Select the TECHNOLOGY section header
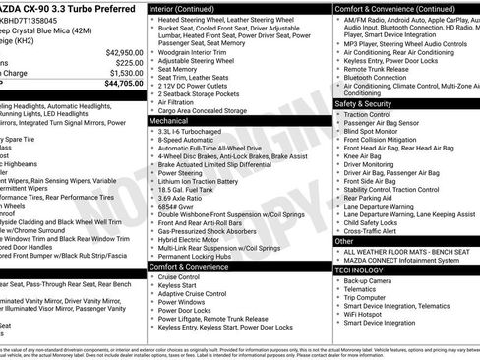click(361, 269)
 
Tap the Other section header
click(344, 240)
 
